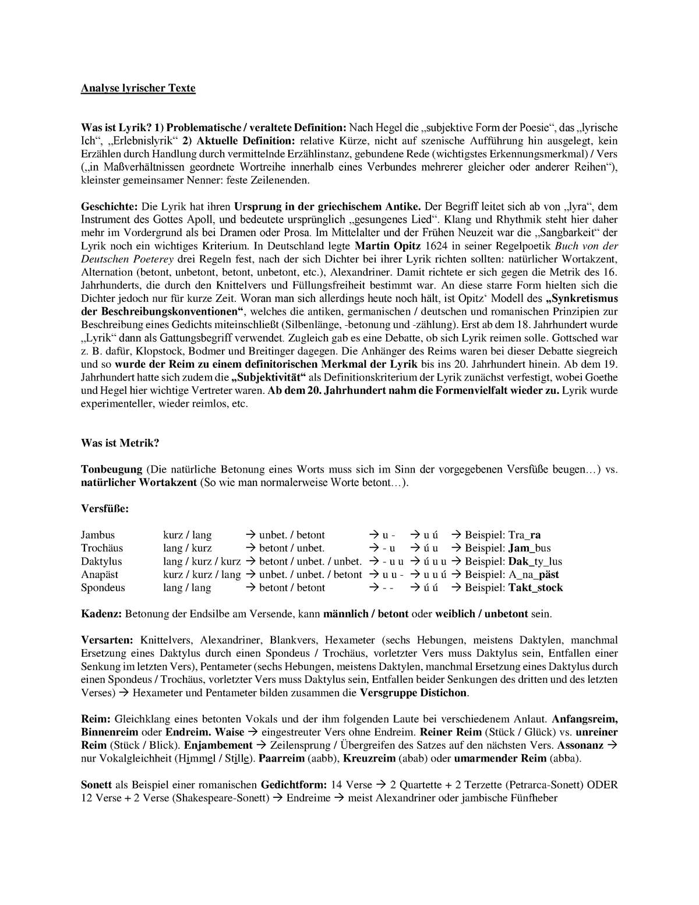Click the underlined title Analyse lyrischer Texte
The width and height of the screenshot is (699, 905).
coord(138,89)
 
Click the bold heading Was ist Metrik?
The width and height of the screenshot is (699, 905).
coord(119,443)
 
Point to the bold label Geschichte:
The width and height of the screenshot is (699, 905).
coord(108,207)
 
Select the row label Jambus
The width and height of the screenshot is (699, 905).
coord(98,535)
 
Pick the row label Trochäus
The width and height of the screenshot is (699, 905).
coord(102,548)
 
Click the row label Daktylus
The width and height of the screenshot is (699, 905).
coord(101,562)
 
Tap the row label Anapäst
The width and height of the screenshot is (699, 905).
coord(100,575)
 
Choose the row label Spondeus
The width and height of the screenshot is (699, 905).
coord(103,588)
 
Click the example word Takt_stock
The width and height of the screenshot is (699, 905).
coord(535,588)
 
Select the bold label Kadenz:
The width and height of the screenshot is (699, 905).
coord(101,614)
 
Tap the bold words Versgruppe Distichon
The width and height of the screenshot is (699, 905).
coord(414,693)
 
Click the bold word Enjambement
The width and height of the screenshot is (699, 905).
coord(218,745)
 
